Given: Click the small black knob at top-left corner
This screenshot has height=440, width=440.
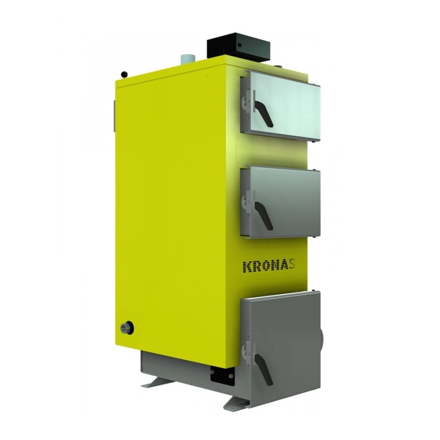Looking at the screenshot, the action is (124, 74).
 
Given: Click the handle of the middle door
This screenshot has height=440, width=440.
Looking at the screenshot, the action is (263, 215).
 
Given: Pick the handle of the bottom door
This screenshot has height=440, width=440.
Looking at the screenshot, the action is (263, 369).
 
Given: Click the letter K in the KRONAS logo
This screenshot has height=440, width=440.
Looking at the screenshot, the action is (248, 267).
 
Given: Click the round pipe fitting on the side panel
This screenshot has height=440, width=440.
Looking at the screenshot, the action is (127, 328).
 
